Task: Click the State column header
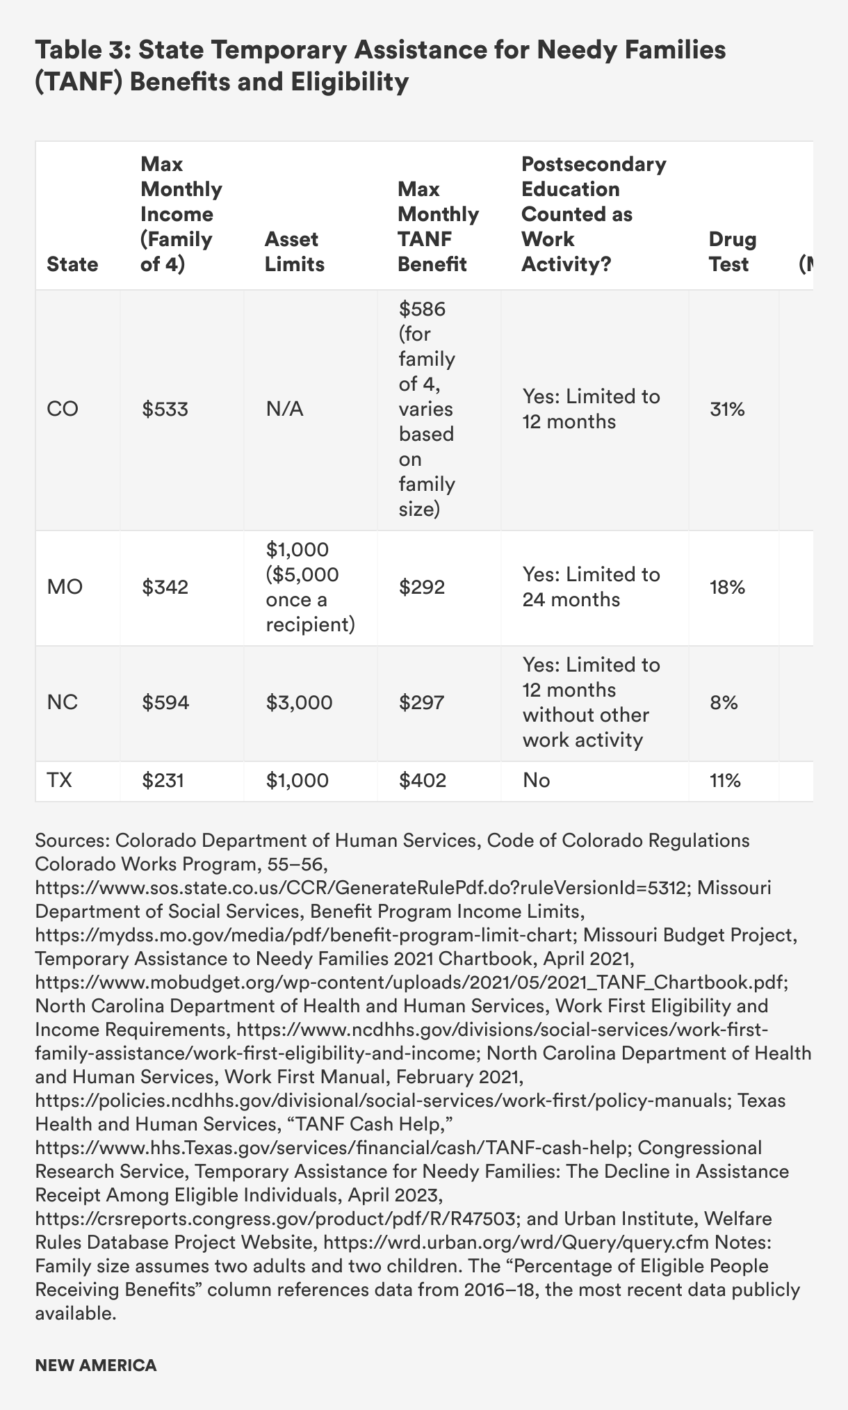point(72,264)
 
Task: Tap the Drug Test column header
point(732,252)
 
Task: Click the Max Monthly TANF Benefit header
point(438,227)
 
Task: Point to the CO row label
point(63,409)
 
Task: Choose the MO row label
point(65,587)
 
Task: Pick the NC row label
point(63,702)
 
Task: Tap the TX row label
point(60,781)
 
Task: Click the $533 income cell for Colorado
point(165,409)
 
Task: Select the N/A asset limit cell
point(284,409)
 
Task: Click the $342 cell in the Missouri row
point(165,587)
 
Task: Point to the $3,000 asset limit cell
point(299,702)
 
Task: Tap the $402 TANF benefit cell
point(423,781)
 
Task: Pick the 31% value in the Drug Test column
point(727,409)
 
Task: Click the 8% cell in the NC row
point(724,702)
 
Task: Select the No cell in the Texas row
point(536,781)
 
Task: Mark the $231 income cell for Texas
point(163,781)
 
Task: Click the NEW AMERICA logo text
point(96,1365)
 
